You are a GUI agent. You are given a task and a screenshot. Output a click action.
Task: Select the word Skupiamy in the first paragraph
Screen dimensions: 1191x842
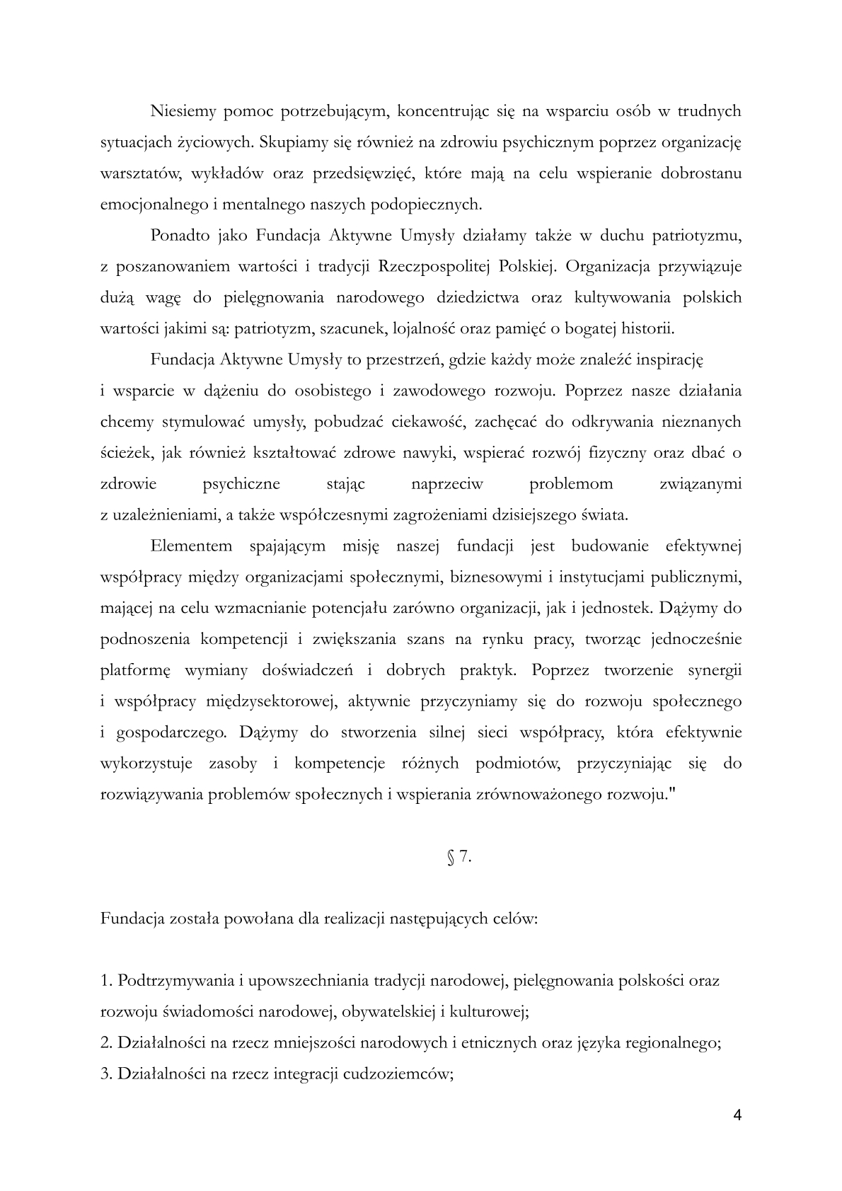(291, 142)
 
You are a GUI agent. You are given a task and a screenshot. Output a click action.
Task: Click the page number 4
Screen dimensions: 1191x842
(738, 1116)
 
